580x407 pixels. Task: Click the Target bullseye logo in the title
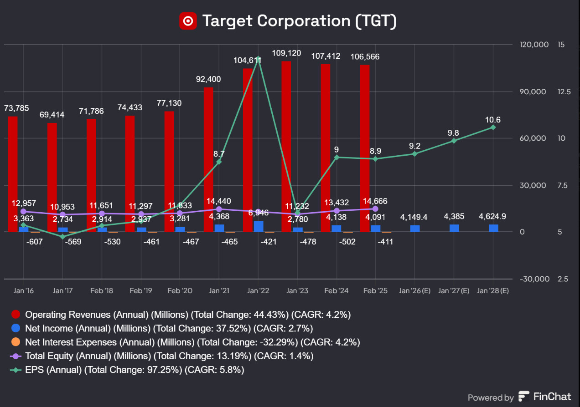tap(188, 21)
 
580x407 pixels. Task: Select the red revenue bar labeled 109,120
tap(286, 146)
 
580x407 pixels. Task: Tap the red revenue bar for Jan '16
tap(13, 173)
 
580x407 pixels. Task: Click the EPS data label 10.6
tap(493, 120)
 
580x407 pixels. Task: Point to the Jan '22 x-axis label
tap(258, 290)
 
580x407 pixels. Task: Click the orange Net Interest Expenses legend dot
tap(16, 342)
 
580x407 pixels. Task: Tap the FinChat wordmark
tap(552, 397)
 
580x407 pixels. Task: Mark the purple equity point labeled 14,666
tap(375, 209)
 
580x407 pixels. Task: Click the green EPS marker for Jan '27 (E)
tap(454, 141)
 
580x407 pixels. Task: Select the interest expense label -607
tap(34, 241)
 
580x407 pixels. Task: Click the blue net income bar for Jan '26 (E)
tap(415, 228)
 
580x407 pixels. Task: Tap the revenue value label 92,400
tap(208, 79)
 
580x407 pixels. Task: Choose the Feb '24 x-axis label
tap(336, 290)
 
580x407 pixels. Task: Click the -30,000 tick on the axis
tap(532, 279)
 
